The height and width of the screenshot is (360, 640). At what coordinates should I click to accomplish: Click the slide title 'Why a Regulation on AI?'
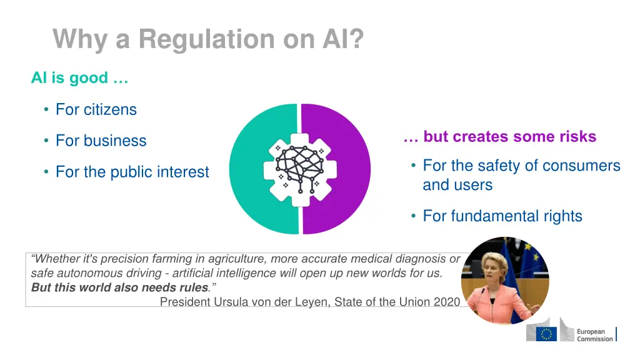pyautogui.click(x=207, y=39)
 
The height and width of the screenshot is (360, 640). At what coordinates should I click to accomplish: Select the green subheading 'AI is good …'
pyautogui.click(x=79, y=78)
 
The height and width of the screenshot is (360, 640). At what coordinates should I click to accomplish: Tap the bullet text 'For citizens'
pyautogui.click(x=96, y=109)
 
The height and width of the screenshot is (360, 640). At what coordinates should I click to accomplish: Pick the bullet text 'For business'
pyautogui.click(x=101, y=141)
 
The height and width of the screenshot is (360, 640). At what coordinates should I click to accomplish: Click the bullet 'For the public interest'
pyautogui.click(x=132, y=172)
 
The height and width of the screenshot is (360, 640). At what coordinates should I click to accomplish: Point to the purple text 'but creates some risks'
pyautogui.click(x=509, y=136)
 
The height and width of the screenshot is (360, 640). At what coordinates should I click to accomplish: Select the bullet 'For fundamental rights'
pyautogui.click(x=502, y=216)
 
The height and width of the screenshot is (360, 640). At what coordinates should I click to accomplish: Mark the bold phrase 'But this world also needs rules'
pyautogui.click(x=119, y=287)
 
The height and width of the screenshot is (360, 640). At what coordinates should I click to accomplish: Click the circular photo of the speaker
pyautogui.click(x=505, y=280)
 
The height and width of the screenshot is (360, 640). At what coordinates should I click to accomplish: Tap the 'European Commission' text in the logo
pyautogui.click(x=594, y=335)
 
